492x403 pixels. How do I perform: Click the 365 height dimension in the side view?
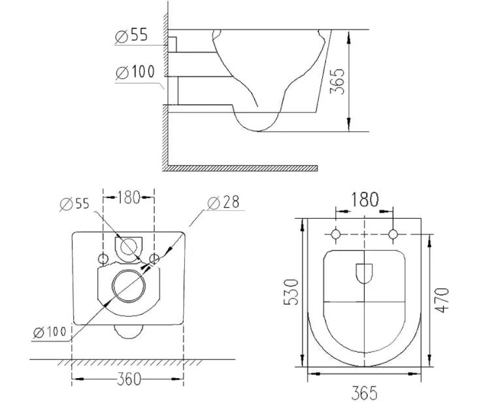337,81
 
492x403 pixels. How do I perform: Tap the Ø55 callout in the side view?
131,35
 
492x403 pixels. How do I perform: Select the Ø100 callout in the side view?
135,72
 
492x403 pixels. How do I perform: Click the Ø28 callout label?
223,202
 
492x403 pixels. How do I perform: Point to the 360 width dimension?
129,379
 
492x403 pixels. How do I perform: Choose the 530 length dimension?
291,292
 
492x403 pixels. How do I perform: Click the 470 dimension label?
442,300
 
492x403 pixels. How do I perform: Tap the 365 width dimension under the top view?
364,393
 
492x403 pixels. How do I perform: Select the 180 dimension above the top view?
365,199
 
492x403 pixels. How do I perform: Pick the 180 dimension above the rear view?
129,197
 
